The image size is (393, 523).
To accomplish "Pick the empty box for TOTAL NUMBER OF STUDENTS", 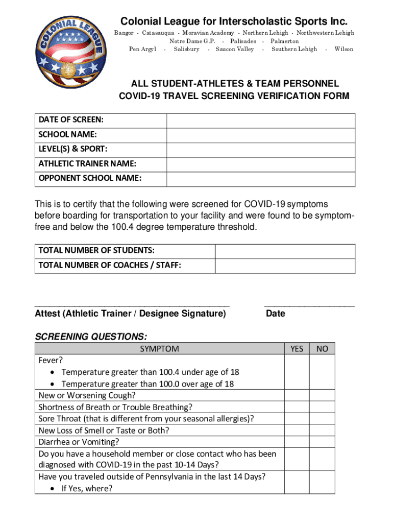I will coord(285,251).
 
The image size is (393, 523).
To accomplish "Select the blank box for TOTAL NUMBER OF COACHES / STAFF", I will coord(285,266).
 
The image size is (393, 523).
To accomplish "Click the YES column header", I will coord(297,349).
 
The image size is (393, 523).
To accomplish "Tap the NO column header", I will coord(322,349).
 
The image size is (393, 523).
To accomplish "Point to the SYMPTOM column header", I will coord(160,349).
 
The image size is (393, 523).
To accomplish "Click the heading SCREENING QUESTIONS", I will coord(91,337).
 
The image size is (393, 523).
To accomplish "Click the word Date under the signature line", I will coord(276,314).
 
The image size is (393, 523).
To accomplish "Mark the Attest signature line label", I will coord(130,314).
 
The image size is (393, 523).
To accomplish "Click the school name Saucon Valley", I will coord(235,49).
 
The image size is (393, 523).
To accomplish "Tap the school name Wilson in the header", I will coord(343,49).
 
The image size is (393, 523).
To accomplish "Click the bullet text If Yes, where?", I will coord(87,488).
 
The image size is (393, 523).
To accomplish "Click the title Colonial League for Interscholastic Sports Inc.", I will coord(234,21).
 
